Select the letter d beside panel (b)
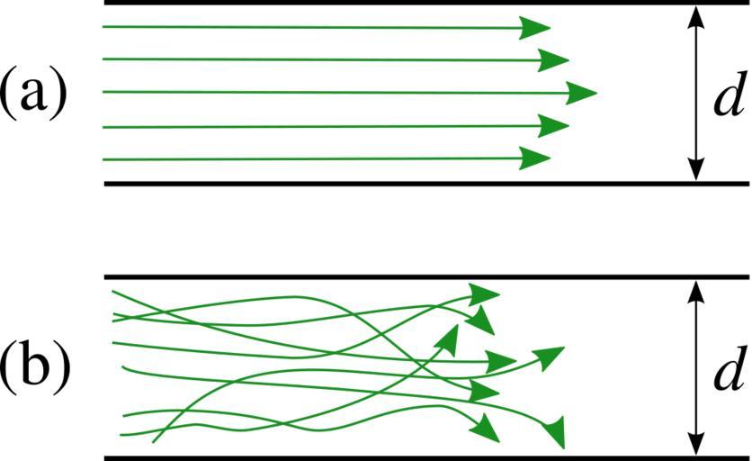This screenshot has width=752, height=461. (x=727, y=369)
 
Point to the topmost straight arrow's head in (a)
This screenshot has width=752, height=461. (x=536, y=28)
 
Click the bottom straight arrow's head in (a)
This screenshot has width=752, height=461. (x=536, y=158)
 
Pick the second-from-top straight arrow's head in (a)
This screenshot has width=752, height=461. (x=554, y=60)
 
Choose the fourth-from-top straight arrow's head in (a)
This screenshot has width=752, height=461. (x=554, y=126)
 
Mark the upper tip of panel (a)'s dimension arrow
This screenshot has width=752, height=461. (x=695, y=9)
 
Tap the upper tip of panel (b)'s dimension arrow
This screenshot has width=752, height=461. (x=695, y=285)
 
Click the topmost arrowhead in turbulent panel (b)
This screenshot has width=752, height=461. (x=485, y=294)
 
